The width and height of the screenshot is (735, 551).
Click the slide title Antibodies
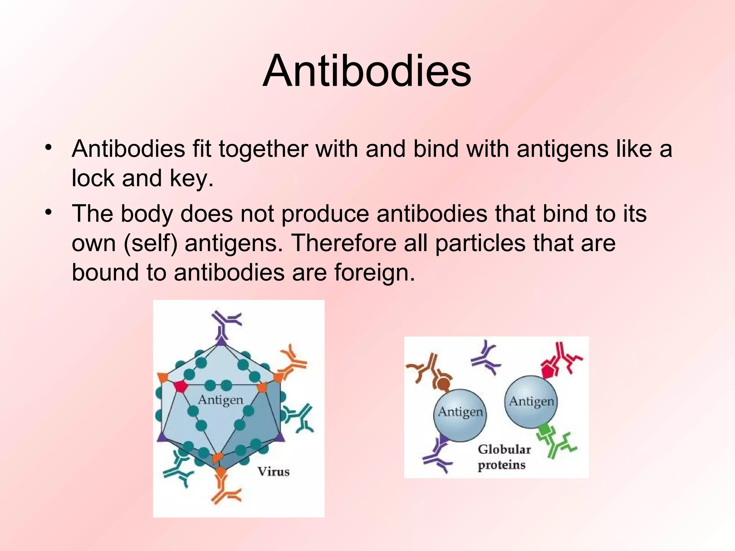pyautogui.click(x=367, y=71)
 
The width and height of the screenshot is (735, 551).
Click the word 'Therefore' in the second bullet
pyautogui.click(x=343, y=243)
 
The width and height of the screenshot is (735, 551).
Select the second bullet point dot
pyautogui.click(x=49, y=212)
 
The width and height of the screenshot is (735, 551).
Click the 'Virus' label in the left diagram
pyautogui.click(x=273, y=471)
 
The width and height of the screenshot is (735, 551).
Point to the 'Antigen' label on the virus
pyautogui.click(x=220, y=399)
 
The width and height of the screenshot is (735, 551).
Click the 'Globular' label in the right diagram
pyautogui.click(x=504, y=449)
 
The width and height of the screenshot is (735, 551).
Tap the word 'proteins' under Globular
pyautogui.click(x=501, y=465)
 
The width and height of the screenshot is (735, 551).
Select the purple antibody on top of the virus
pyautogui.click(x=225, y=323)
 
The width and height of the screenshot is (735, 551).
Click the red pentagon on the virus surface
pyautogui.click(x=180, y=386)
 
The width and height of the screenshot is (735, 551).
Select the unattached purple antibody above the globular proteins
pyautogui.click(x=486, y=357)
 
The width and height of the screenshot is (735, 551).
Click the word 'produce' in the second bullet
pyautogui.click(x=325, y=214)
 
